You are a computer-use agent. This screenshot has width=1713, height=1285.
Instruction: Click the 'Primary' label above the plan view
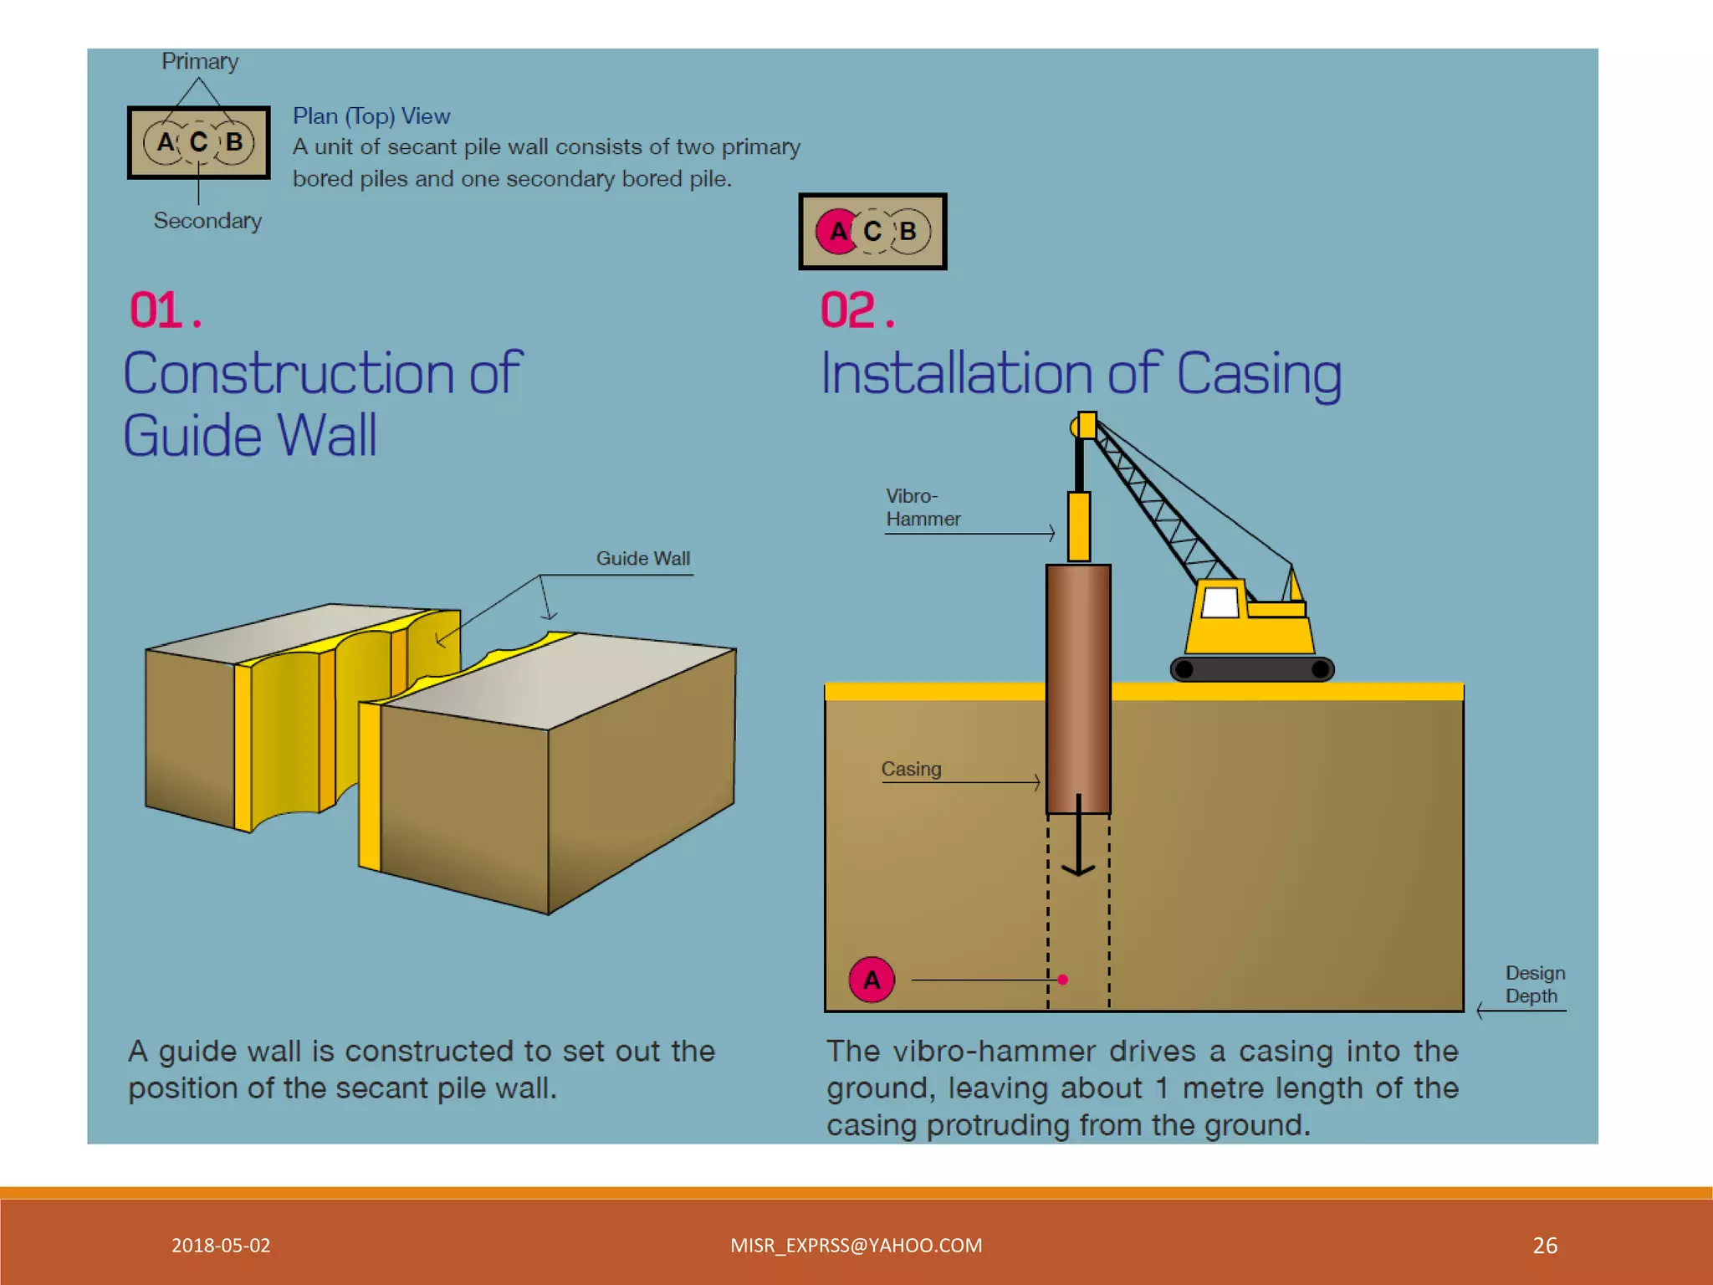pos(200,62)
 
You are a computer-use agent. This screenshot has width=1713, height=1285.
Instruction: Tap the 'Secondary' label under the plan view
pos(207,221)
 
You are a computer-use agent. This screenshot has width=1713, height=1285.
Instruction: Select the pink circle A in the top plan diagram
pos(836,232)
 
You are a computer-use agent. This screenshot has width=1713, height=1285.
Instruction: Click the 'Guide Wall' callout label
pos(642,559)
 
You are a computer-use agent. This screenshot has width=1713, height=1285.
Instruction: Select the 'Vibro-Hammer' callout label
pos(923,508)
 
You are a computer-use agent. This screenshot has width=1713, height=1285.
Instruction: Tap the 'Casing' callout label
pos(911,769)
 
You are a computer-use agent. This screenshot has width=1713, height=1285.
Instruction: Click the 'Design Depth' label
pos(1535,985)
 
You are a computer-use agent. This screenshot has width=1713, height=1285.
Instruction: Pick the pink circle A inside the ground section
pos(872,980)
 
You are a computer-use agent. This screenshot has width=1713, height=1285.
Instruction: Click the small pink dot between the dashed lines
pos(1062,980)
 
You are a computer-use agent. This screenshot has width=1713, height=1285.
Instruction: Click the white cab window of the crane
pos(1220,602)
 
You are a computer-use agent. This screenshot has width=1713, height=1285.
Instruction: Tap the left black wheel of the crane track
pos(1184,669)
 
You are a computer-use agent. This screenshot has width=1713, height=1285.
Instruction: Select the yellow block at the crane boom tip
pos(1087,425)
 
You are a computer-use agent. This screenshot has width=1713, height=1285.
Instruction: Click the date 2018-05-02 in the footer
pos(221,1246)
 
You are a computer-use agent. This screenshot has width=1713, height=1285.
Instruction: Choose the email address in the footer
pos(856,1246)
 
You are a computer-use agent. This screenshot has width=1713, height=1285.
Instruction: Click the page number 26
pos(1545,1246)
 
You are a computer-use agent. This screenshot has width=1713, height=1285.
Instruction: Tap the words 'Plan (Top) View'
pos(371,116)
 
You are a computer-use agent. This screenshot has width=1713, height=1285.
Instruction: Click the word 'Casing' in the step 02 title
pos(1259,373)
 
